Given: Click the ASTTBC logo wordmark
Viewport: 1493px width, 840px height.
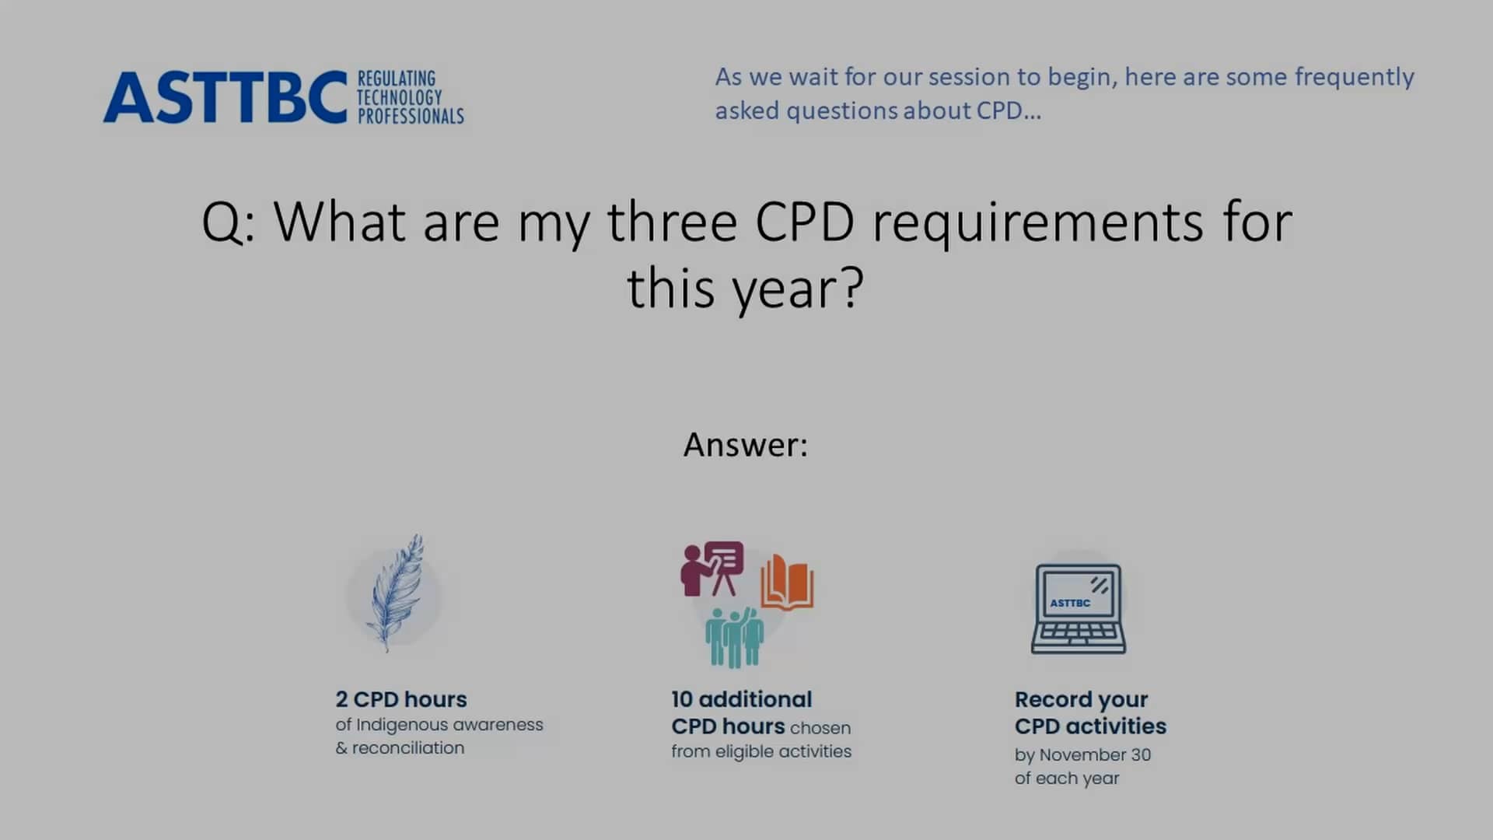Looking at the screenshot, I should (225, 98).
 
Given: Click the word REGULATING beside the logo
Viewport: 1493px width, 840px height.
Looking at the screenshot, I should (396, 79).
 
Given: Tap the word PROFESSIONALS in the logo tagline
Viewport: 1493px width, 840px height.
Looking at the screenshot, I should (410, 117).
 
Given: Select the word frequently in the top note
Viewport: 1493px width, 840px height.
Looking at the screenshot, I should (1354, 77).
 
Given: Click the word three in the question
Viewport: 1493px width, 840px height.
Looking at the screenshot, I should (672, 222).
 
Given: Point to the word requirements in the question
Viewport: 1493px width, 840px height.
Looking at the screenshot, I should (1037, 222).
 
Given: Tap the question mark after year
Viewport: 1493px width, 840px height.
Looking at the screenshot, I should (853, 288).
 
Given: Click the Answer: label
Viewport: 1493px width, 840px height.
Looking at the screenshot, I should (745, 445).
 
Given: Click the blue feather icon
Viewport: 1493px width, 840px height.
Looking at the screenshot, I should (397, 593).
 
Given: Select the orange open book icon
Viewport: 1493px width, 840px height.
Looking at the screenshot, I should (787, 583).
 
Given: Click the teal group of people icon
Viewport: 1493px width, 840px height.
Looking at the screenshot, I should (735, 638).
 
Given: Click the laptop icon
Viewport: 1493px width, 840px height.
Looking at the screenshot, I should (1079, 609).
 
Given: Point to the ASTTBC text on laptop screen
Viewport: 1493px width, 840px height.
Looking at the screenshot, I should (1070, 603).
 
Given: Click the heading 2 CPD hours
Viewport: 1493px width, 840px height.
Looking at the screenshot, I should (401, 699).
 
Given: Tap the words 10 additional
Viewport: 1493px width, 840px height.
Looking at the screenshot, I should (741, 699).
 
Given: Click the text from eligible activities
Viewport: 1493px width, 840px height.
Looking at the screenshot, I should (761, 751).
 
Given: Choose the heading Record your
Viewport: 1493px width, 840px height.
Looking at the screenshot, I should (1081, 699).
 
